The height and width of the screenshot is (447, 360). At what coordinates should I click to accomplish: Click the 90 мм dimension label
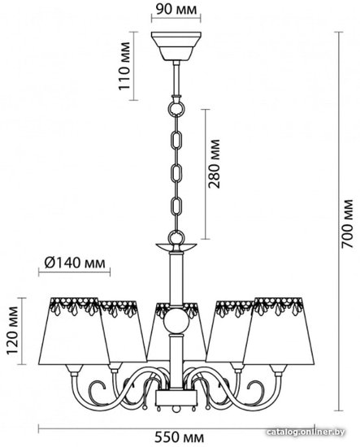(x=176, y=9)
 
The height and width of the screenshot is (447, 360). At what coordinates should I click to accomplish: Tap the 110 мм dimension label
(x=124, y=66)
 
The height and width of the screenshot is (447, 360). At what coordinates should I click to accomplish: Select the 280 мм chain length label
(x=214, y=163)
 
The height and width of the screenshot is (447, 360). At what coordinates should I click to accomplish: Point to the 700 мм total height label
(x=347, y=223)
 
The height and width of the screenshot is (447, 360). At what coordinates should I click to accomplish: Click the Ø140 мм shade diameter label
(x=75, y=263)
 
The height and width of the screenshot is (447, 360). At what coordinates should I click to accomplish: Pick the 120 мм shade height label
(x=12, y=331)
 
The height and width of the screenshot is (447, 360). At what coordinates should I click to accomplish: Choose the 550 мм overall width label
(x=179, y=436)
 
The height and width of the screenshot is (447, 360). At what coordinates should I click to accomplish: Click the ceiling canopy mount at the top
(x=176, y=46)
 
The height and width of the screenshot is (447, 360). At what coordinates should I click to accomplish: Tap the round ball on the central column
(x=176, y=321)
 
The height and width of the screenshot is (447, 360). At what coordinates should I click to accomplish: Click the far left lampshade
(x=73, y=331)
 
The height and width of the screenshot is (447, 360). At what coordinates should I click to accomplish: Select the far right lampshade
(x=279, y=331)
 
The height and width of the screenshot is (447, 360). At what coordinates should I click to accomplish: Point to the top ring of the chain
(x=176, y=109)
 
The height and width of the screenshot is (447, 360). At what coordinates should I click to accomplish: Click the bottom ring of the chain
(x=176, y=237)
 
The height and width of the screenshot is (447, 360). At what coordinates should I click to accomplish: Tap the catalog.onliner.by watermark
(x=306, y=432)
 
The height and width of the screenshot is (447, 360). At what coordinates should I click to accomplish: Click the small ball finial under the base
(x=176, y=410)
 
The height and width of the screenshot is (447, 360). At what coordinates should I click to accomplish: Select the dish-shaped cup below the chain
(x=176, y=247)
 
